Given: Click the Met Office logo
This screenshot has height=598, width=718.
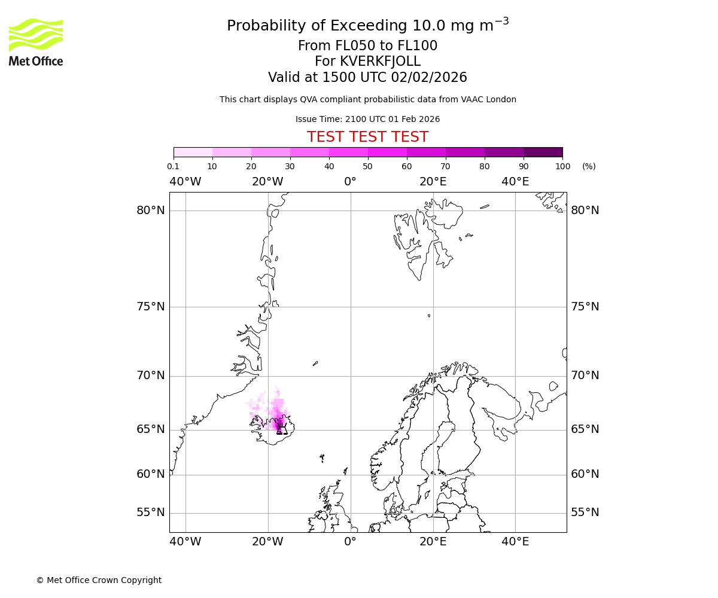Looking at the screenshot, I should (36, 42).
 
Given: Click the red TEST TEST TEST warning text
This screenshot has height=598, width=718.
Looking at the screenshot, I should (367, 137).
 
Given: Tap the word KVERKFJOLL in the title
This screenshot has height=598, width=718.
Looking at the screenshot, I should (380, 62).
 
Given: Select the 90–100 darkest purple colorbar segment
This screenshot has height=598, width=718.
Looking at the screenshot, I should (543, 152).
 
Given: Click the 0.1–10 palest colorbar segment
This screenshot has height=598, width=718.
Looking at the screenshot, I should (193, 152).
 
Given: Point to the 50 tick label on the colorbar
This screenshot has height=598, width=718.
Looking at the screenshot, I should (368, 166).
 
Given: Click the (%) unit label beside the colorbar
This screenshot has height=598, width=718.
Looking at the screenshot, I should (589, 166).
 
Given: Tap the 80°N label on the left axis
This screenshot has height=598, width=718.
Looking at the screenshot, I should (150, 210).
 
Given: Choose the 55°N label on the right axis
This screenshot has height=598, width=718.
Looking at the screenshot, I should (585, 512).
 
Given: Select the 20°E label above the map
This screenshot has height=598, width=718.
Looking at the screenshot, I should (433, 181).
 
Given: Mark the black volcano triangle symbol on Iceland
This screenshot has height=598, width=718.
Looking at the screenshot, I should (282, 429).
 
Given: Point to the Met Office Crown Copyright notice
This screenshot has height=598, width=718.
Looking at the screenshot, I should (99, 580).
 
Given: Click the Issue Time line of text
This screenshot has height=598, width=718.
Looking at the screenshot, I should (367, 119).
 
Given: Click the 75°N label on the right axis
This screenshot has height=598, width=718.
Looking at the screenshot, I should (585, 307).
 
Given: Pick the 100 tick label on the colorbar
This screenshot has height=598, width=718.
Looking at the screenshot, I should (562, 166).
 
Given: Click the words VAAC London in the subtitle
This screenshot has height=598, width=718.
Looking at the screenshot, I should (490, 99).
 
